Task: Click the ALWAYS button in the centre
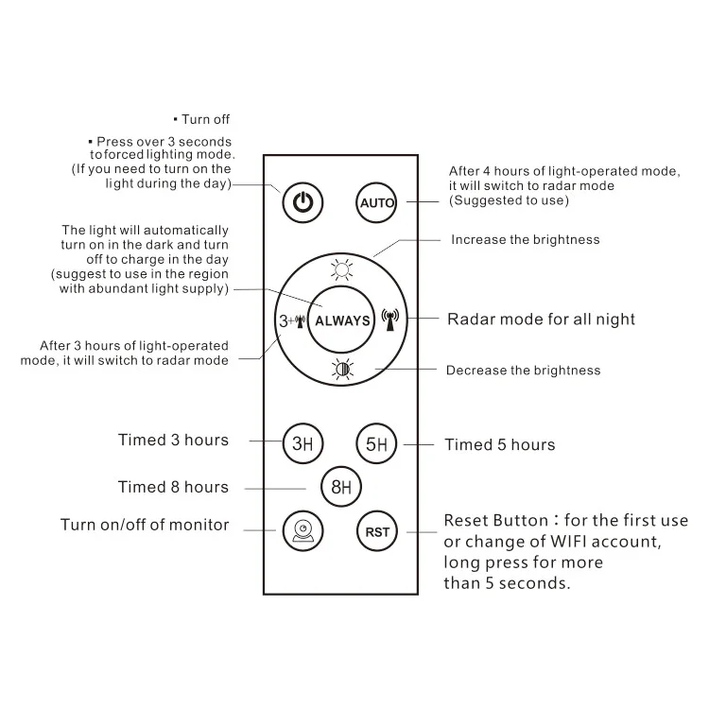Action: point(342,320)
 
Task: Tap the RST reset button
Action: point(377,531)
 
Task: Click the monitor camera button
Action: point(302,530)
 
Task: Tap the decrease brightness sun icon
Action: point(342,369)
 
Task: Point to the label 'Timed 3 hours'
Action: point(173,440)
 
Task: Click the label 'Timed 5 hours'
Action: point(500,444)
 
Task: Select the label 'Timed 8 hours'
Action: point(173,487)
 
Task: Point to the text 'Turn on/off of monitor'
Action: point(145,525)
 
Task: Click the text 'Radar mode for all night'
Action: point(541,319)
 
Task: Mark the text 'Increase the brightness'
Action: point(525,239)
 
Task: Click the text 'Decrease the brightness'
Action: point(523,370)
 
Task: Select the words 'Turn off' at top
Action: point(205,119)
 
